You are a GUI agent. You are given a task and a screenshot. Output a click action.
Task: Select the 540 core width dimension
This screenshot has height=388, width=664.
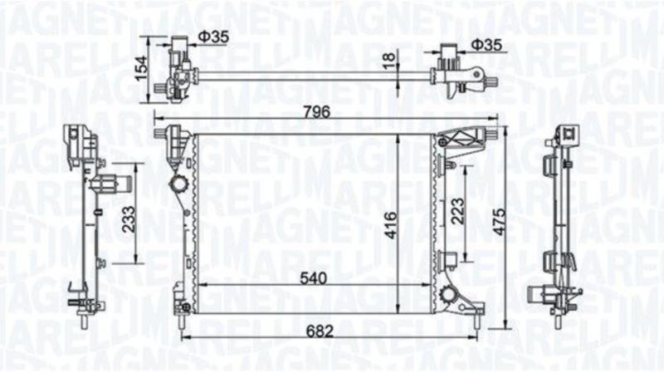pos(314,278)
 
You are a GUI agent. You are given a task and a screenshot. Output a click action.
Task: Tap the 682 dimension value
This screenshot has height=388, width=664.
pos(320,331)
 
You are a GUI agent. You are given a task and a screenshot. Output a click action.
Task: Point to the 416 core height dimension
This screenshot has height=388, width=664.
pos(391,225)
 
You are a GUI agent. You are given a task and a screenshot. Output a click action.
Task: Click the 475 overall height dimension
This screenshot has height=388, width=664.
pos(500,222)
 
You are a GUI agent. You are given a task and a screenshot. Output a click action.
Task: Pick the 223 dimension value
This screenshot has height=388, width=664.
pos(458,211)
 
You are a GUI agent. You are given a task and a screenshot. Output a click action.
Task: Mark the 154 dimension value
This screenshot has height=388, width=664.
pos(141,68)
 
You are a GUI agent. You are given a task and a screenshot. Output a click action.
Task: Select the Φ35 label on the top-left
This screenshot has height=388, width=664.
pos(213,37)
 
